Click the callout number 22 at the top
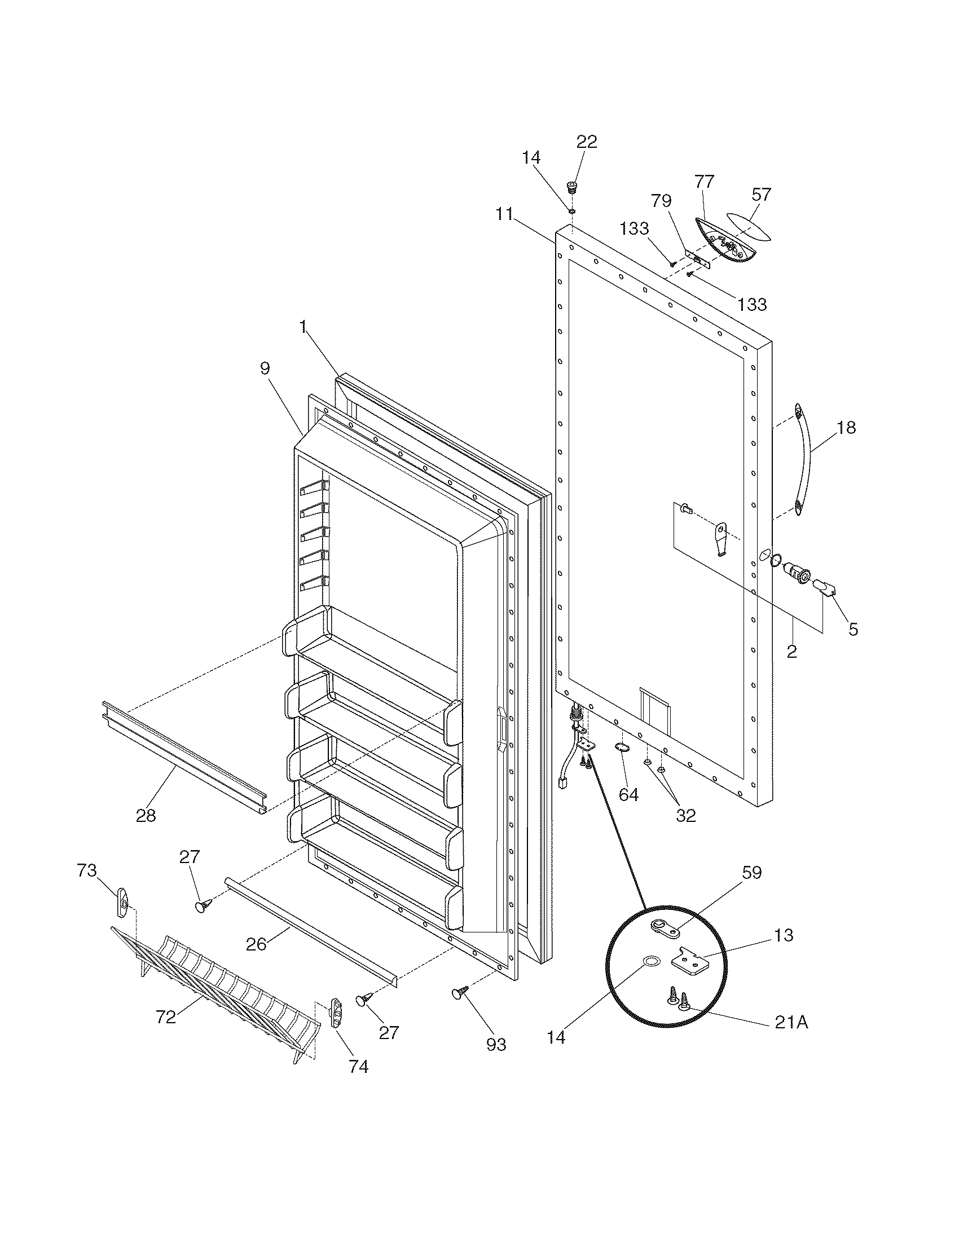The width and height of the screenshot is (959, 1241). (587, 142)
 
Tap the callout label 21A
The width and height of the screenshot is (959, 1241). (791, 1022)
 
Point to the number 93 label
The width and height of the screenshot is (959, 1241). (496, 1044)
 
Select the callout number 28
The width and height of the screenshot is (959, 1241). (146, 816)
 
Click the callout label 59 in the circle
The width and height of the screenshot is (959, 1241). (751, 872)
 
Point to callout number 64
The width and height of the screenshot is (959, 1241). (628, 794)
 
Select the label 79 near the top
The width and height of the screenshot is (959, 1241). (661, 201)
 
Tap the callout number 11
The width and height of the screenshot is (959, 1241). (503, 214)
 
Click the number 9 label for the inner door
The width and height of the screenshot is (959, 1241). (265, 368)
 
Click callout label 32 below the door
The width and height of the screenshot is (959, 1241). (686, 816)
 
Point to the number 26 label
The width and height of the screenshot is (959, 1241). (256, 944)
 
